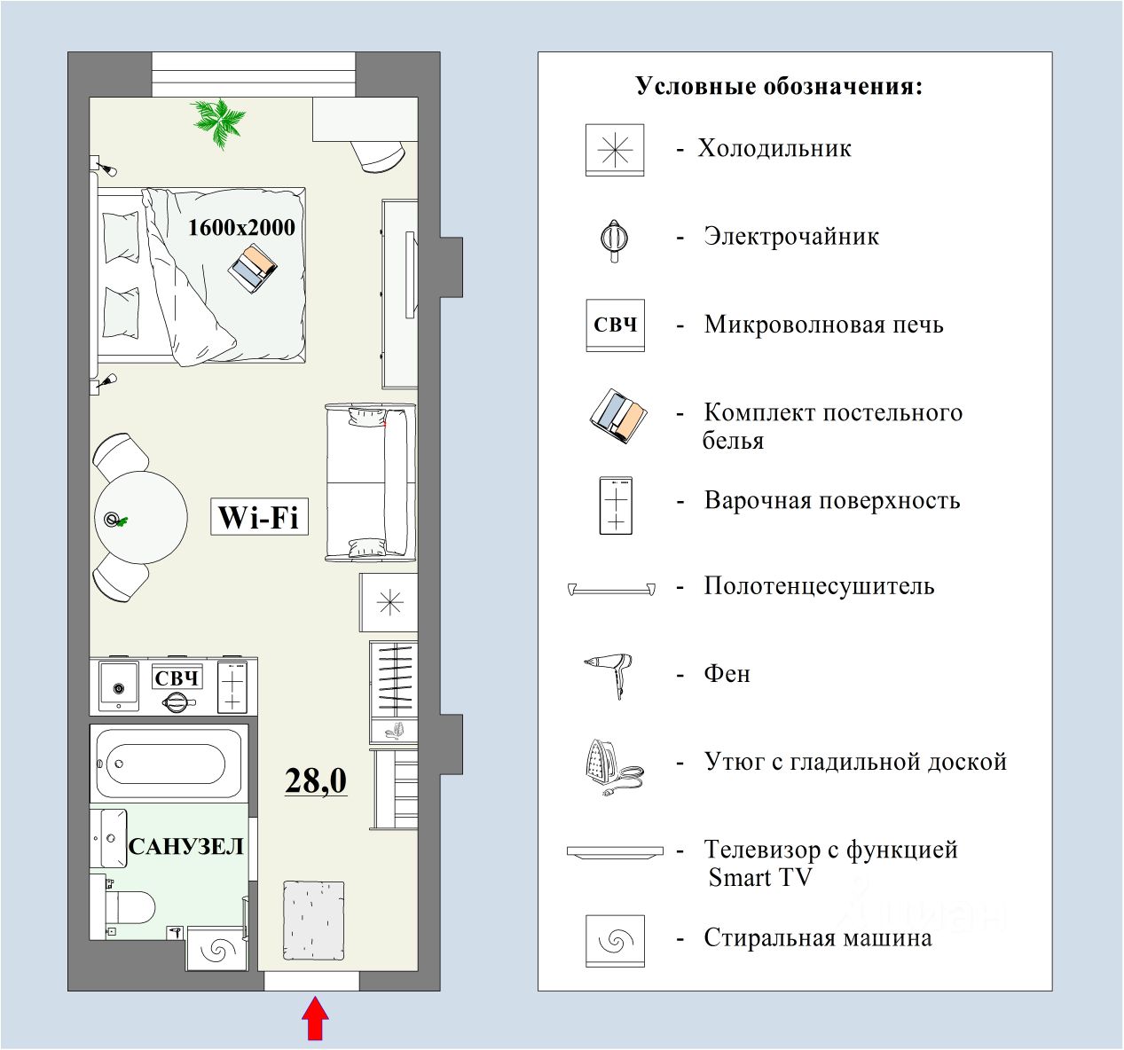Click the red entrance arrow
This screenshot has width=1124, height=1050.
pos(315,1019)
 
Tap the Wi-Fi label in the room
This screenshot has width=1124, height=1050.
pos(259,516)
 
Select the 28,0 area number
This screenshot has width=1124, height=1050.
pos(316,780)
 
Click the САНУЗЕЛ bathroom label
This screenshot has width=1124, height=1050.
pos(186,846)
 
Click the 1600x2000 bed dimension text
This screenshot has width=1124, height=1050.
pos(241,227)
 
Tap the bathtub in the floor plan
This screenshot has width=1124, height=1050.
pos(167,764)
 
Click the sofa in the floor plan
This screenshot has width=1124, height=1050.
pos(369,482)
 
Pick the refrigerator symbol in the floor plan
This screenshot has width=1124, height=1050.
pos(389,603)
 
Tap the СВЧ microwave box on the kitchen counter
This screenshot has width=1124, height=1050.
pos(177,678)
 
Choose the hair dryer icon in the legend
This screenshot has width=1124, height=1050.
pos(609,675)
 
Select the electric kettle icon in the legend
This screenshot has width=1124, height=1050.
pos(614,239)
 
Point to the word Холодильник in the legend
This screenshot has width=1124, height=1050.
pos(774,148)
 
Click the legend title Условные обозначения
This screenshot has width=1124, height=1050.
pos(779,87)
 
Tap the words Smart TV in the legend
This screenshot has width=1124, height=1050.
pos(760,878)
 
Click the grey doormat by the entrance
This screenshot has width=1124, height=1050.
pos(313,921)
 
